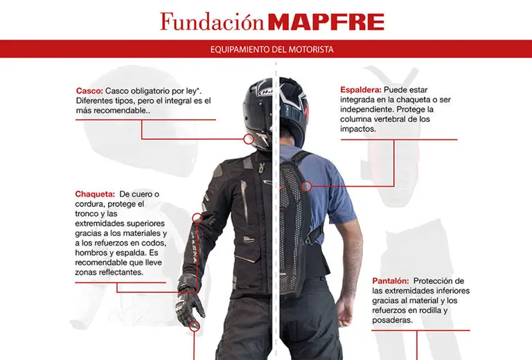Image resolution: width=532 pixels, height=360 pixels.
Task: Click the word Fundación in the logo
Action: pos(211,21)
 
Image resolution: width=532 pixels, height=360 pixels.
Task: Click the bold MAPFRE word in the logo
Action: pos(326,22)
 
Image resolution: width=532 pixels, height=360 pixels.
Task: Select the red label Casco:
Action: pos(90,91)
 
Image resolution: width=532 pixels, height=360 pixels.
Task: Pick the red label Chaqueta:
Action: pos(96,194)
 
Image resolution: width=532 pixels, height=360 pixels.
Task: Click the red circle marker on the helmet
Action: pos(248,139)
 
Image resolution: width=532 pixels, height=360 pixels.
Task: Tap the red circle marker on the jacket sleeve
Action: pos(197,217)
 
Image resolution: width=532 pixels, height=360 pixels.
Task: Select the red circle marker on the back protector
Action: pos(307,185)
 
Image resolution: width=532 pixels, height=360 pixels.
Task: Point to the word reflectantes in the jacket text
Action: pos(122,273)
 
